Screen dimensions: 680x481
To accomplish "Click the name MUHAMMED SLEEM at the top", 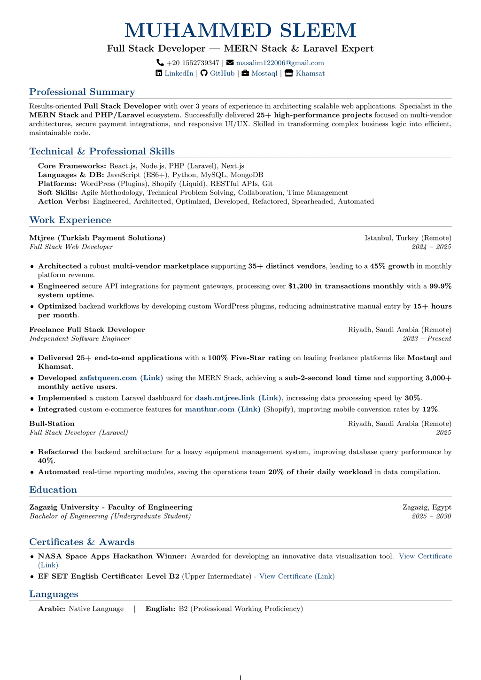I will coord(240,31).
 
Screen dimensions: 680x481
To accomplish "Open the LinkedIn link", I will coord(178,73).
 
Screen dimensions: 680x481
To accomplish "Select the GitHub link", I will coord(222,73).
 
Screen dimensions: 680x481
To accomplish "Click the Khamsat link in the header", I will coord(310,73).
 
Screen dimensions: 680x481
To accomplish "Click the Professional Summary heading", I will coord(82,92).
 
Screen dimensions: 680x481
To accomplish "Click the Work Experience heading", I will coord(70,220).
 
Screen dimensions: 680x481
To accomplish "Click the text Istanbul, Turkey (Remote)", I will coord(408,238).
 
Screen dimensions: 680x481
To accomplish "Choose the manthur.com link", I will coord(222,409).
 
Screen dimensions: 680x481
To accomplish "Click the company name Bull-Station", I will coord(52,424).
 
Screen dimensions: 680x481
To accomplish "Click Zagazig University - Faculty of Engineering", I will coord(110,507).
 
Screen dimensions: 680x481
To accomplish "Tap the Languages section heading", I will coord(54,594).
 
